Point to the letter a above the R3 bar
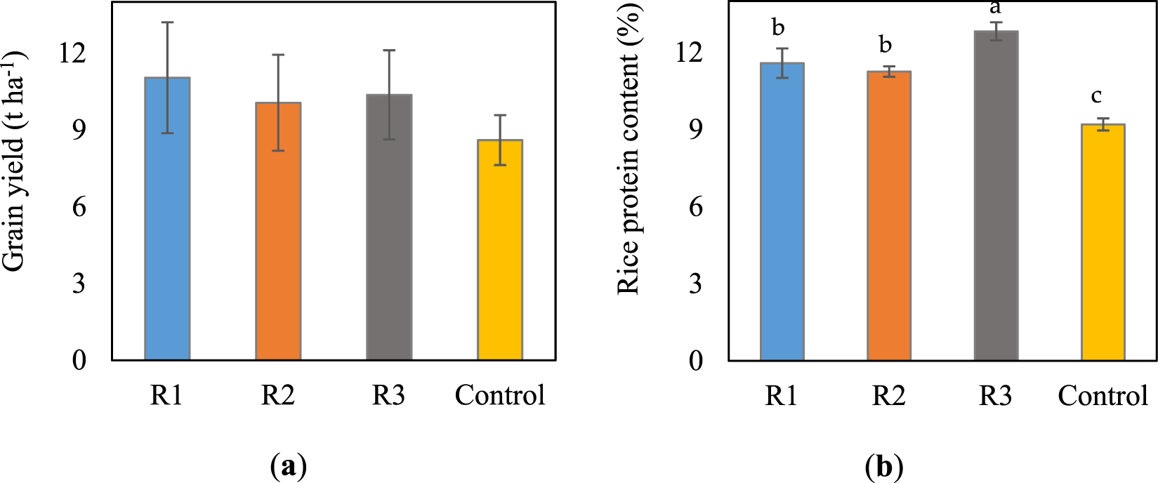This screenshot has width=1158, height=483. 995,8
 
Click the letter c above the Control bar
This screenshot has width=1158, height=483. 1096,95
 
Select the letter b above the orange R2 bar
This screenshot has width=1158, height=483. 886,45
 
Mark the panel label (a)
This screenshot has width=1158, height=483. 288,466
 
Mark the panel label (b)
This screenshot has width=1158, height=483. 884,466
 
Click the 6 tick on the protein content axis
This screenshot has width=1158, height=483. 695,207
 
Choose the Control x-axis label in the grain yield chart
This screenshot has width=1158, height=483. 500,395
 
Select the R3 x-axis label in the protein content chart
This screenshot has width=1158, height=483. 995,396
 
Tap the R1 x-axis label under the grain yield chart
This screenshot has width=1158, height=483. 166,395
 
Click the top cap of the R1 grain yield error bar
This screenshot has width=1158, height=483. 167,22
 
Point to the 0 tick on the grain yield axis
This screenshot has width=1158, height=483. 79,360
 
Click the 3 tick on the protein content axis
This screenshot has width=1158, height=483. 695,284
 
